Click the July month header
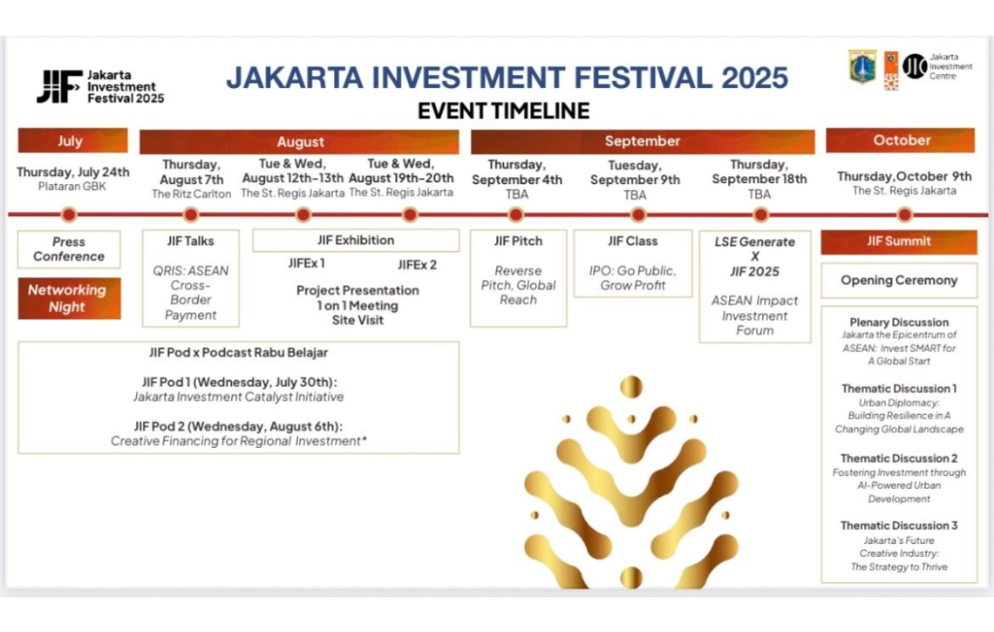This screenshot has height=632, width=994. [72, 140]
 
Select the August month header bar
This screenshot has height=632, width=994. [299, 141]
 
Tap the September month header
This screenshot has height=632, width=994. [642, 141]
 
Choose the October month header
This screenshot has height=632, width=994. [900, 140]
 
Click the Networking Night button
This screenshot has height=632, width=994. [69, 298]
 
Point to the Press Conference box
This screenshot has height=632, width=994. [69, 249]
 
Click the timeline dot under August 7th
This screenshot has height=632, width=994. [191, 215]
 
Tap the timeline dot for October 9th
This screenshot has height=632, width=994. [904, 215]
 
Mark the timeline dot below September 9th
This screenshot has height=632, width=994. [638, 215]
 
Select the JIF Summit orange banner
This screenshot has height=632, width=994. [899, 242]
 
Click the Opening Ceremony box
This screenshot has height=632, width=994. [899, 280]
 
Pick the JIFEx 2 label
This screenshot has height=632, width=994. [417, 265]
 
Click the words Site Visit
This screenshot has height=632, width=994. [357, 320]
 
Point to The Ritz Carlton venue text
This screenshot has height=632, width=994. [192, 194]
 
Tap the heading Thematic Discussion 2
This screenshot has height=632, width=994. [899, 459]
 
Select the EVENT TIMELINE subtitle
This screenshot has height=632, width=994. [503, 111]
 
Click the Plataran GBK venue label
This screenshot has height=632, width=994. [72, 187]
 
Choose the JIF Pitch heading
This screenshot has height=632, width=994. [519, 241]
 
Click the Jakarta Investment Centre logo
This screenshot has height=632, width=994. [937, 66]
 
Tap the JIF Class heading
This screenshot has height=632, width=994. [633, 241]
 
